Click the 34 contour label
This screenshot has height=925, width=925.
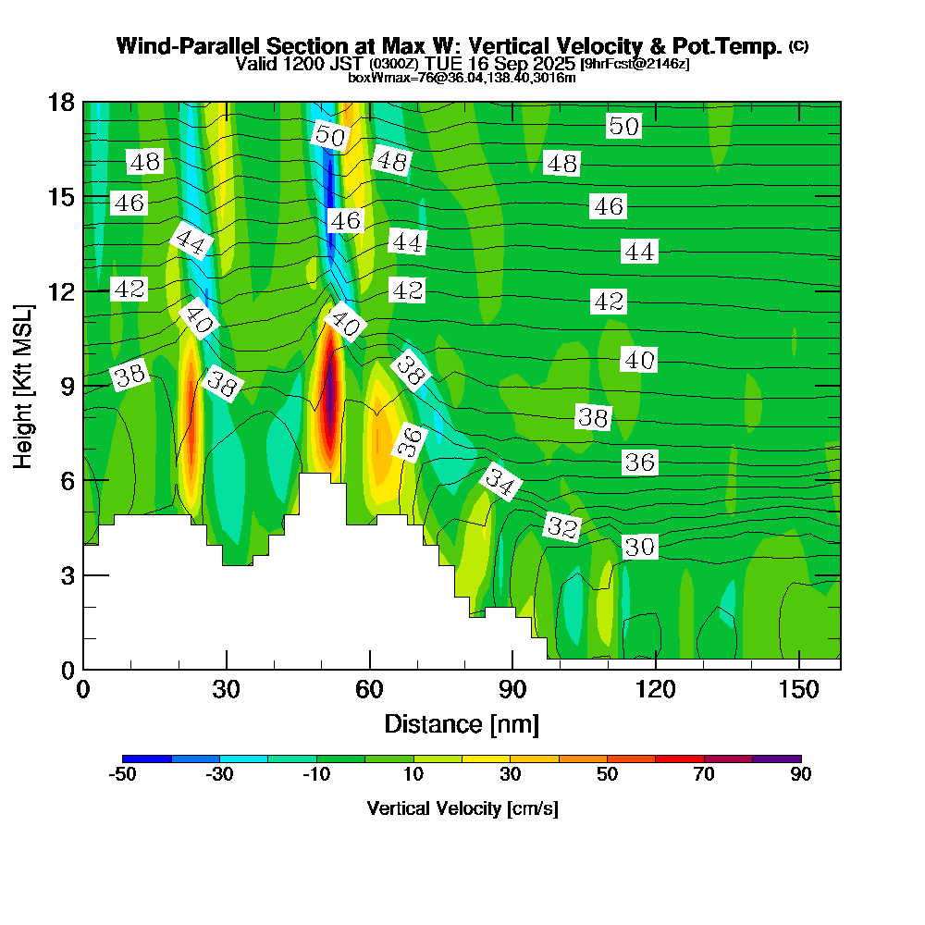coord(500,482)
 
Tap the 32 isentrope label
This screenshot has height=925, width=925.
coord(562,527)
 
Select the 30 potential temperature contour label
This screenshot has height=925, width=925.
coord(639,547)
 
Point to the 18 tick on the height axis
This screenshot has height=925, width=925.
coord(60,102)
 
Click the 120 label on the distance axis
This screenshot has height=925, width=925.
coord(654,690)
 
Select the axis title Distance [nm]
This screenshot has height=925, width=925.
coord(462,723)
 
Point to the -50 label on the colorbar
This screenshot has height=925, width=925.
coord(123,774)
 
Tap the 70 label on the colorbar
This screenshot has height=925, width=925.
coord(704,774)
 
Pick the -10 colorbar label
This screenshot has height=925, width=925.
coord(316,774)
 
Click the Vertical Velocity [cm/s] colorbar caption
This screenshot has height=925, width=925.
coord(462,808)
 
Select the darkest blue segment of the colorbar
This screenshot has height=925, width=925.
coord(147,758)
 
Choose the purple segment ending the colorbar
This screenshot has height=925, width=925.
coord(777,758)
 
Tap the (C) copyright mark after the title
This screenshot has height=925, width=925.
coord(798,45)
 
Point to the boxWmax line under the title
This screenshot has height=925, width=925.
coord(462,78)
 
